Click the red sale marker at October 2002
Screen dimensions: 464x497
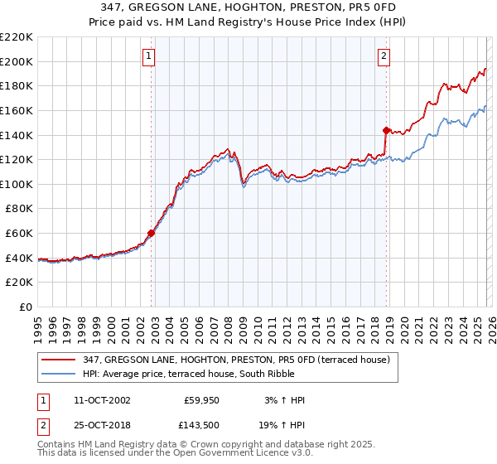151,233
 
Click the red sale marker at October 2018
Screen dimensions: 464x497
386,130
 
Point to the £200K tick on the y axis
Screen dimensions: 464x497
17,61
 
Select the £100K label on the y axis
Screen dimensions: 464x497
17,184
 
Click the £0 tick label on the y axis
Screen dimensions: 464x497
26,307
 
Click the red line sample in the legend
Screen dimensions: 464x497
59,359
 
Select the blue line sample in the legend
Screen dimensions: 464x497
59,374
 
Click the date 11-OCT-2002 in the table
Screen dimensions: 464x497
102,400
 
